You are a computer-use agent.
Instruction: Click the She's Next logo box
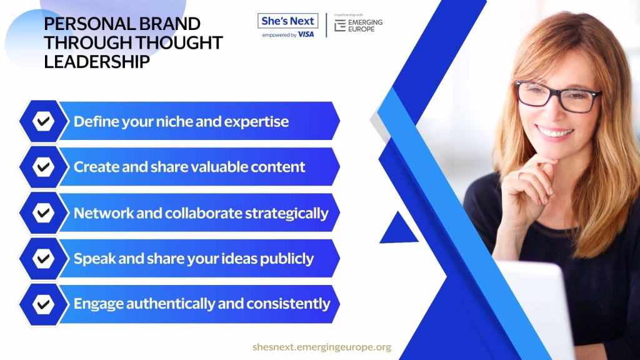287,21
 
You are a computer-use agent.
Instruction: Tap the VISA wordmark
306,35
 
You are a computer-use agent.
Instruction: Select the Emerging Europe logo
358,25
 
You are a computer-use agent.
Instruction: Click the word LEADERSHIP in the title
97,62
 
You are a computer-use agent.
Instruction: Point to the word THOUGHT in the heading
179,42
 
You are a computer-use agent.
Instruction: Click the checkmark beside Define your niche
43,121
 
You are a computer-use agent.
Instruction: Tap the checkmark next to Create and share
43,167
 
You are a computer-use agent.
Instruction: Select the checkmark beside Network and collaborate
43,212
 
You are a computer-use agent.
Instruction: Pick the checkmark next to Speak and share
43,258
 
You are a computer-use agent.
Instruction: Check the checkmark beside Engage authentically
43,304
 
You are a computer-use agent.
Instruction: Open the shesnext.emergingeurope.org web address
322,347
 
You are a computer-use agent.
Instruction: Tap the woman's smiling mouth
554,132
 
